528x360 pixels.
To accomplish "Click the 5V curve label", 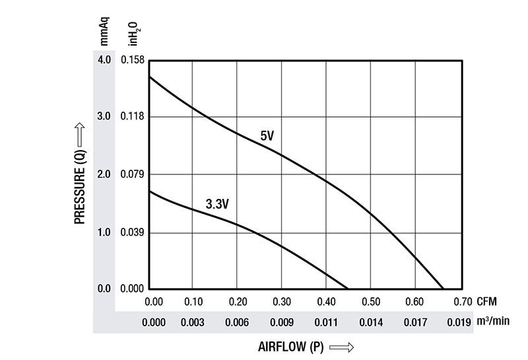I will (267, 137).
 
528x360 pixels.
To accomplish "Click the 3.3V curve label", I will (217, 205).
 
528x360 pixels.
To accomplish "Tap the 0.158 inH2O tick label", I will (132, 59).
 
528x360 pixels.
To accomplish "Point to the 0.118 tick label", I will (132, 117).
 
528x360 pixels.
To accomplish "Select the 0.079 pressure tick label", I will (132, 174).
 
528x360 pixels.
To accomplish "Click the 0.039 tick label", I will (132, 233).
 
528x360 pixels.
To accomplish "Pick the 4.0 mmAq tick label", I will (104, 59).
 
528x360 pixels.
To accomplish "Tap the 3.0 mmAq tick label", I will (104, 117).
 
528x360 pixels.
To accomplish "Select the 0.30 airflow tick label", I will (282, 302).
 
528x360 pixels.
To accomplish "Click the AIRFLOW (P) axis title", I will (288, 346).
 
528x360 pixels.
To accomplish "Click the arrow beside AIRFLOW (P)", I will (341, 346).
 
